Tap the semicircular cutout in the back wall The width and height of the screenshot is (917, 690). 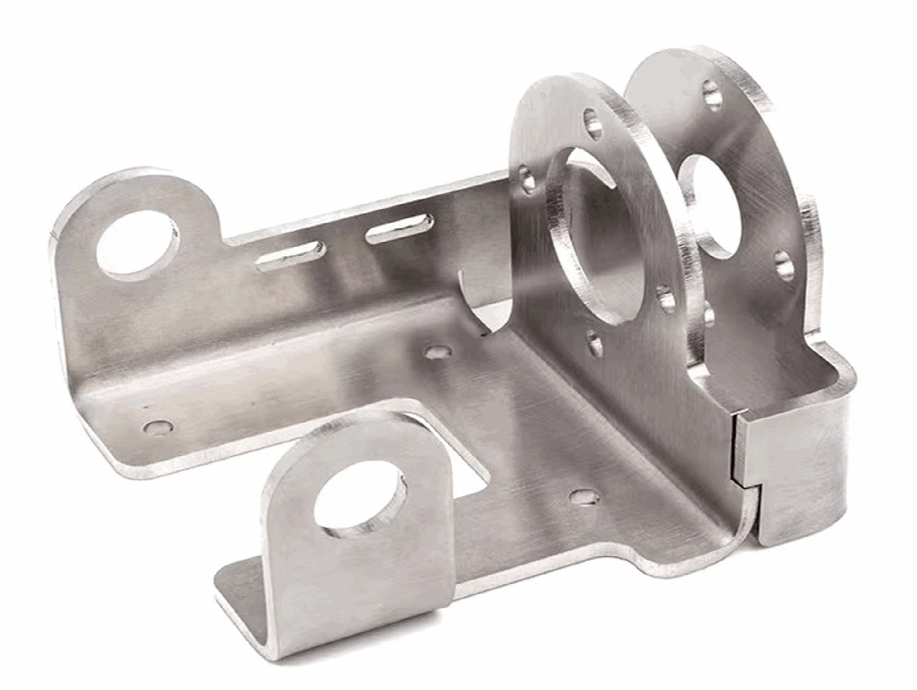[486, 301]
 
